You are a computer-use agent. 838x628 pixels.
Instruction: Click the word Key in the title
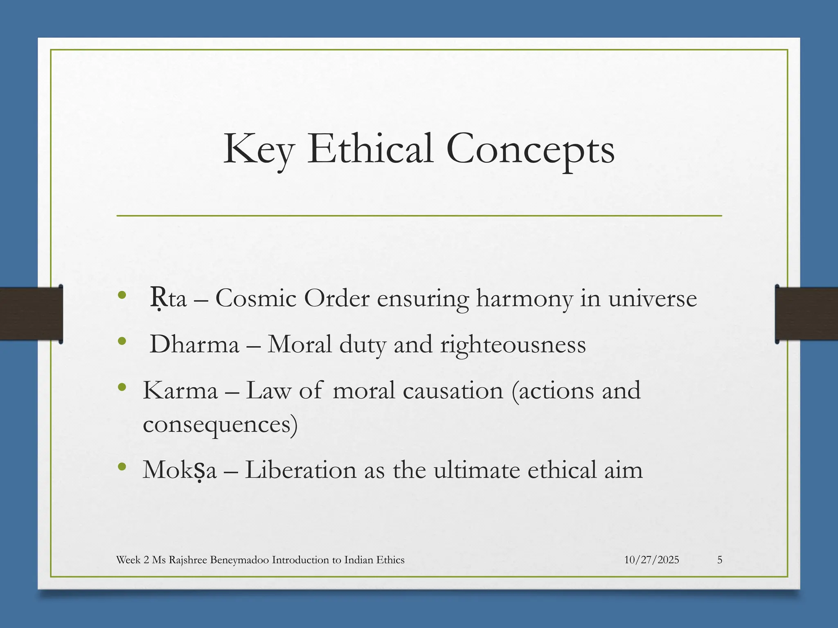[258, 150]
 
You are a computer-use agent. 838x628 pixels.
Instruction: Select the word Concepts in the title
[530, 150]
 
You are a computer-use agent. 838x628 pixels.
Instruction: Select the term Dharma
[194, 344]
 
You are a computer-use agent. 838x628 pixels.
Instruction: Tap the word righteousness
[513, 345]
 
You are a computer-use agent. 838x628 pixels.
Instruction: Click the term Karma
[180, 390]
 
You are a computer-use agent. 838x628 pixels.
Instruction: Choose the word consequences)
[220, 424]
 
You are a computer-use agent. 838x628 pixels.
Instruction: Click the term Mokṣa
[179, 471]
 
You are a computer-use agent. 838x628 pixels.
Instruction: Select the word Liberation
[301, 470]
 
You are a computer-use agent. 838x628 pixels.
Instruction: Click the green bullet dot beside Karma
[121, 387]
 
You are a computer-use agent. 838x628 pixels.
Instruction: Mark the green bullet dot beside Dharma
[121, 341]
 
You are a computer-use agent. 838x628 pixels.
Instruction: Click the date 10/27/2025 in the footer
[651, 560]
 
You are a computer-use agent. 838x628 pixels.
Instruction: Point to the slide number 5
[720, 560]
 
